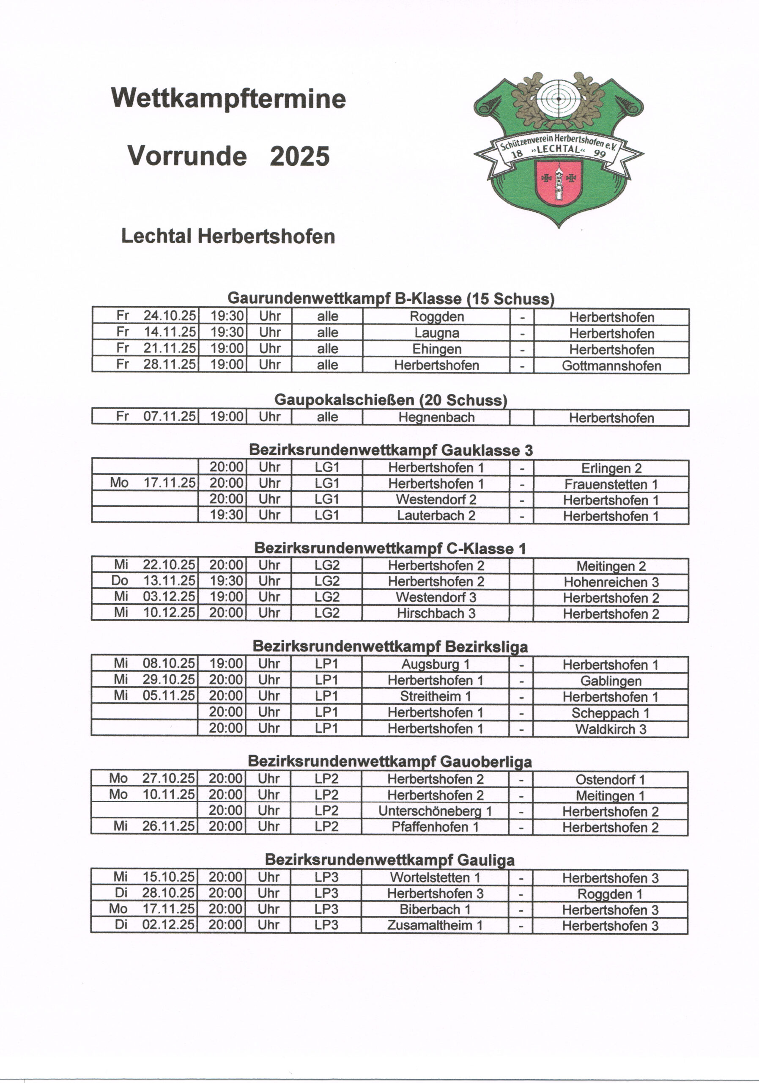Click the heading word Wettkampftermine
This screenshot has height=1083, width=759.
point(229,99)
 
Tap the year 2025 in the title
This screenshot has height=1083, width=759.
point(299,156)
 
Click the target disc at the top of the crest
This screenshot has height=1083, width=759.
point(558,99)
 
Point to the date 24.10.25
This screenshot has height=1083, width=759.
point(169,316)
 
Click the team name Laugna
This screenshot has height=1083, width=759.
point(436,333)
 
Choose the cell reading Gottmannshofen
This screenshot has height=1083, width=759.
point(611,366)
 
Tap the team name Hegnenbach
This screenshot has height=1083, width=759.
point(436,418)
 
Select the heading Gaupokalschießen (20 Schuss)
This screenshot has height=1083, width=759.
point(391,400)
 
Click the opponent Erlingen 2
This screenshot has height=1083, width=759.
point(611,468)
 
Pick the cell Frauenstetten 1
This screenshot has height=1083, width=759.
point(611,484)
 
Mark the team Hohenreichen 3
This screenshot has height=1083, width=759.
point(611,582)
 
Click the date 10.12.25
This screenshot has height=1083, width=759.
point(169,613)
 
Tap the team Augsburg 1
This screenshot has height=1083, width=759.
point(436,664)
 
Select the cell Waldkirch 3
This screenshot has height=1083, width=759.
point(611,729)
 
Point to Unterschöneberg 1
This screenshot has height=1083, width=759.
point(435,811)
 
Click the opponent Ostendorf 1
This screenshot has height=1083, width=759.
point(611,780)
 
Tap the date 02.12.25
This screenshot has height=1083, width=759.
point(168,925)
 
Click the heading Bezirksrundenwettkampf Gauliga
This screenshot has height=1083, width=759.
point(389,860)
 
